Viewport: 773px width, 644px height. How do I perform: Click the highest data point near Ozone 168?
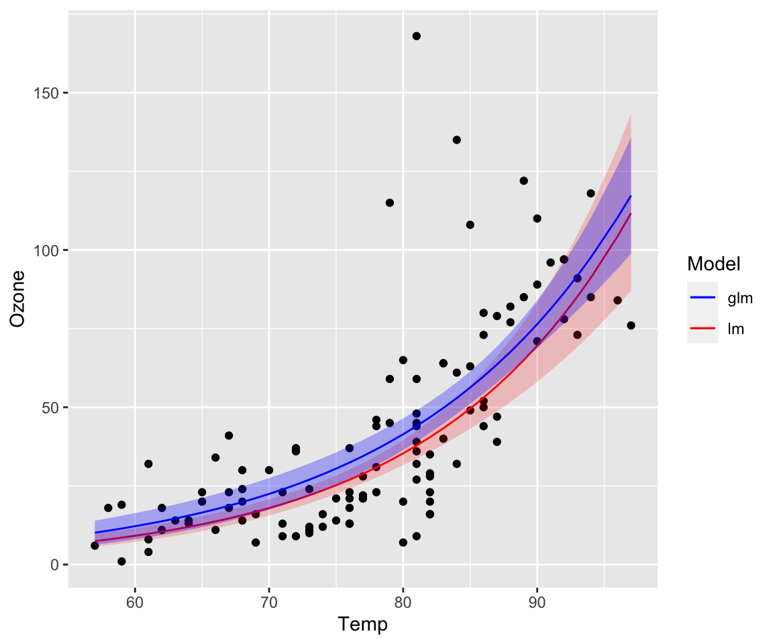tap(416, 36)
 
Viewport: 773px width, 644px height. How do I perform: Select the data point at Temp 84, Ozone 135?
tap(456, 140)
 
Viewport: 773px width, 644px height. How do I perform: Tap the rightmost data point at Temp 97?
tap(631, 325)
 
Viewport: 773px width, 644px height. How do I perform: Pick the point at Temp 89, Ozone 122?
tap(523, 180)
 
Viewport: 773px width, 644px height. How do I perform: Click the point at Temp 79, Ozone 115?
tap(389, 203)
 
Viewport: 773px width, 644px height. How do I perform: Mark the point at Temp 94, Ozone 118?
tap(590, 193)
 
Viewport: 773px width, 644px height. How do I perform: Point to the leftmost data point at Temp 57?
tap(95, 545)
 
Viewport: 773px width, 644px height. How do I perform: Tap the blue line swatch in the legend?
tap(703, 299)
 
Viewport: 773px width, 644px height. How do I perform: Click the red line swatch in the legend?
tap(703, 329)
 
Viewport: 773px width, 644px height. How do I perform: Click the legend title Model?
tap(713, 265)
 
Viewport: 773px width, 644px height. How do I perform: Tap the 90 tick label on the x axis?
tap(537, 599)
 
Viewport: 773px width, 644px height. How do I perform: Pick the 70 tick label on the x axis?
tap(268, 599)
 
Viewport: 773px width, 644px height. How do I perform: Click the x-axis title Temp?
tap(363, 625)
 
